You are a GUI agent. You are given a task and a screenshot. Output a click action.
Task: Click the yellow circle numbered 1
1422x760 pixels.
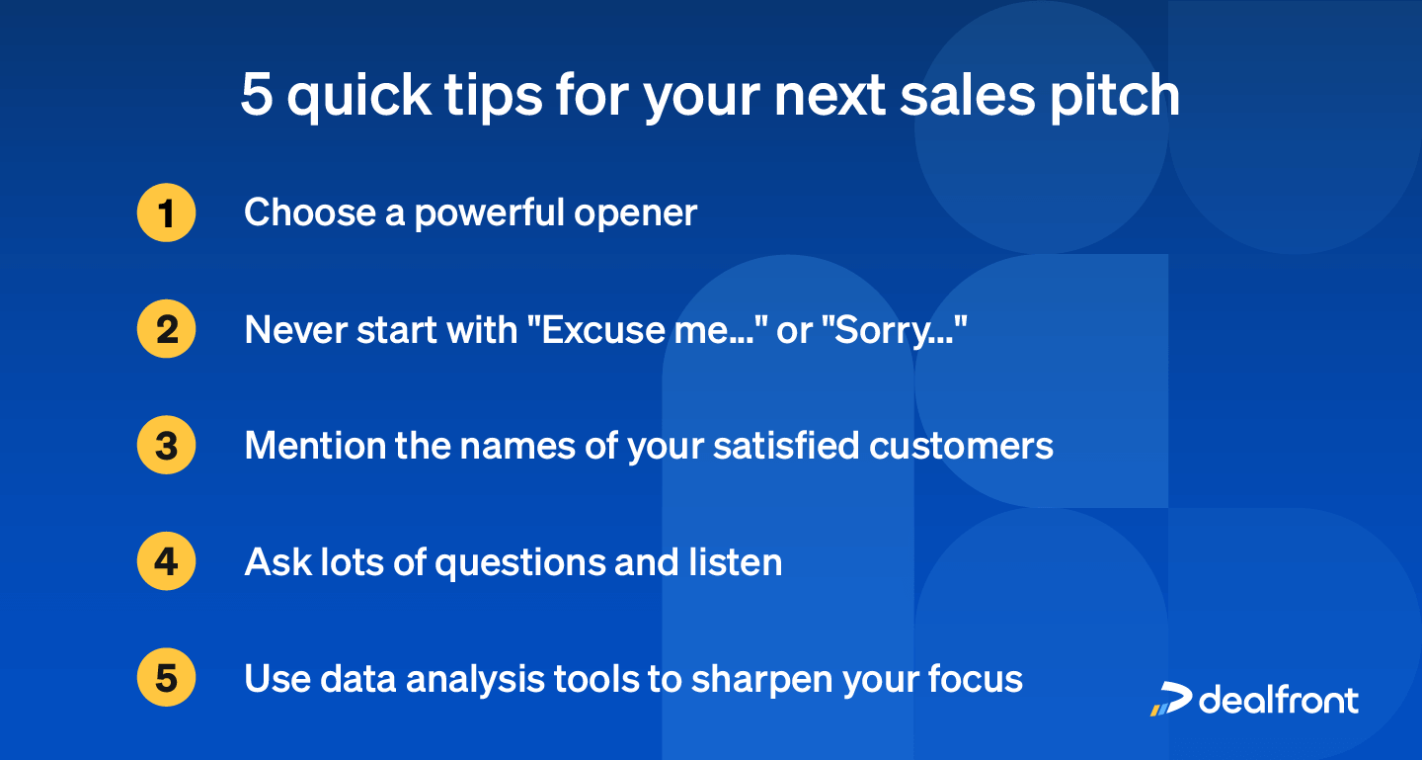pyautogui.click(x=166, y=212)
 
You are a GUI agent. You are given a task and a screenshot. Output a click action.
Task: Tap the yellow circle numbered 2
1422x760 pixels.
pyautogui.click(x=166, y=329)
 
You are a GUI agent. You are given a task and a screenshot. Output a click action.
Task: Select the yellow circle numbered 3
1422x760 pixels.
pyautogui.click(x=166, y=446)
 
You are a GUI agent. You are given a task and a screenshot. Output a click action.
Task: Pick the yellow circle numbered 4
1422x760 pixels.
pyautogui.click(x=166, y=561)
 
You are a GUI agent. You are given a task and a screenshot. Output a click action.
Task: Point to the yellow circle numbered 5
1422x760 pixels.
pyautogui.click(x=166, y=678)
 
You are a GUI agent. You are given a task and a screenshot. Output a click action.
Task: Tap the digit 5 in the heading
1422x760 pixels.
pyautogui.click(x=256, y=96)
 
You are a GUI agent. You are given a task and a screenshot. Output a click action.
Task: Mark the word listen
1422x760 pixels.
pyautogui.click(x=735, y=561)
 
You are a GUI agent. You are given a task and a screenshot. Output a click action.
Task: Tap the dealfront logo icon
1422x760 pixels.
pyautogui.click(x=1171, y=699)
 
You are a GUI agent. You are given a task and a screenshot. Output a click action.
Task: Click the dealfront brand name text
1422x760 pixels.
pyautogui.click(x=1279, y=699)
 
